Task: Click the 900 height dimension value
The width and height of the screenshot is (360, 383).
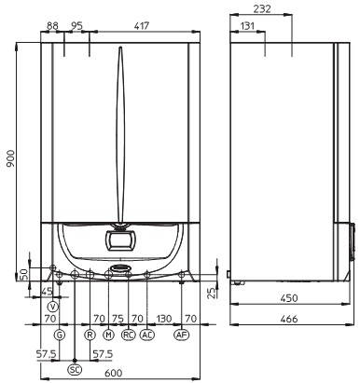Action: pyautogui.click(x=10, y=158)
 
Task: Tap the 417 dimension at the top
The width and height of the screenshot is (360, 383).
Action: pyautogui.click(x=142, y=25)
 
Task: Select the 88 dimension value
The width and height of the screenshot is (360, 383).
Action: pyautogui.click(x=52, y=26)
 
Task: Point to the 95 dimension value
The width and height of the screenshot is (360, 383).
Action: pyautogui.click(x=76, y=26)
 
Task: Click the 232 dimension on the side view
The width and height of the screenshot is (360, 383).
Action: pyautogui.click(x=262, y=8)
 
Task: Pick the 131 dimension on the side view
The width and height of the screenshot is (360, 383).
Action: pyautogui.click(x=247, y=26)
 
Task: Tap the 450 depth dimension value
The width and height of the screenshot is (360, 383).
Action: pyautogui.click(x=289, y=298)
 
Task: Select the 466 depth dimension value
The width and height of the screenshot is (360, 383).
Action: pyautogui.click(x=289, y=319)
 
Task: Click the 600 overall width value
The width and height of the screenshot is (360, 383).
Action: pyautogui.click(x=114, y=373)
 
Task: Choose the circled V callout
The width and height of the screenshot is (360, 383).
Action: pyautogui.click(x=53, y=307)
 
